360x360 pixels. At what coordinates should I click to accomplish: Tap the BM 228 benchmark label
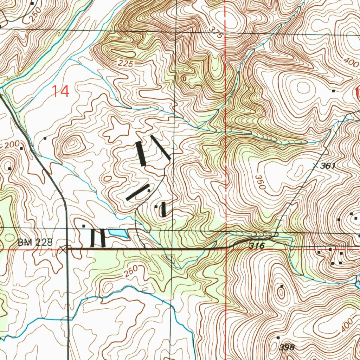(35, 242)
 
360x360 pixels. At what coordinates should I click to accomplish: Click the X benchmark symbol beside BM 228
(63, 250)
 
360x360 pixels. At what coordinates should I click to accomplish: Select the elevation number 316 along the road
(257, 246)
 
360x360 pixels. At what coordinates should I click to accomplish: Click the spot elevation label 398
(287, 348)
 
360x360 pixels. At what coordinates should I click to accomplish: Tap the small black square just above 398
(278, 337)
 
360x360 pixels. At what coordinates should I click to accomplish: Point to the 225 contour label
(126, 64)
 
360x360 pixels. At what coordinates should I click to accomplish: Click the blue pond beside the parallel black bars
(118, 233)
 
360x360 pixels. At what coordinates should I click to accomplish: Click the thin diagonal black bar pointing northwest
(161, 147)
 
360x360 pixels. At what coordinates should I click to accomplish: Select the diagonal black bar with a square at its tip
(137, 192)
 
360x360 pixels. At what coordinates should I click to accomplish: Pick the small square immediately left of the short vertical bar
(156, 207)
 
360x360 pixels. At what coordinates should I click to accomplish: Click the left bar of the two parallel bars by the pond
(92, 238)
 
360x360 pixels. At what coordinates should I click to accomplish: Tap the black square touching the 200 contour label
(21, 148)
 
